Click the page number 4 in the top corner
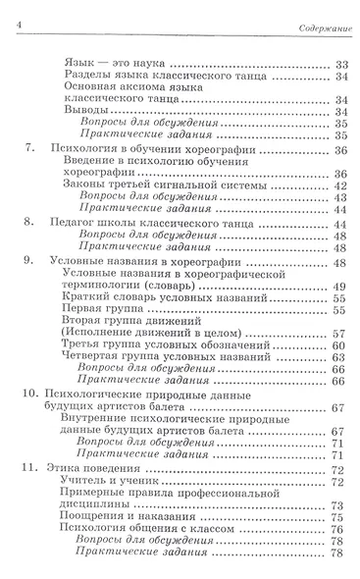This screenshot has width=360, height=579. [7, 11]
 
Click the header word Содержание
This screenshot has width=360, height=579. [326, 12]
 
